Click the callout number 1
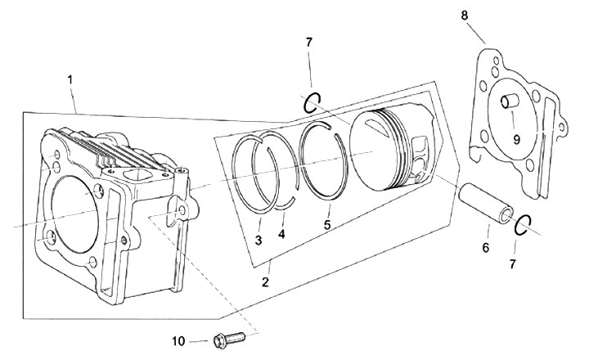(x=70, y=80)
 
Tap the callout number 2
(x=266, y=282)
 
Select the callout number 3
(x=258, y=240)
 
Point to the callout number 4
(x=281, y=234)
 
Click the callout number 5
(x=327, y=225)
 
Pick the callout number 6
(x=486, y=248)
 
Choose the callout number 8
(x=465, y=16)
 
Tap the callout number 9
(x=517, y=140)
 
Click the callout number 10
(x=179, y=341)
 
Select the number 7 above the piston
(x=308, y=43)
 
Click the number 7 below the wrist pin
(x=513, y=264)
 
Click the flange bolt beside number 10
(x=229, y=340)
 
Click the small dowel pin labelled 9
(x=510, y=101)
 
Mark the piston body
(x=394, y=148)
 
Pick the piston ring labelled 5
(x=323, y=161)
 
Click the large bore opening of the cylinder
(x=74, y=214)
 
